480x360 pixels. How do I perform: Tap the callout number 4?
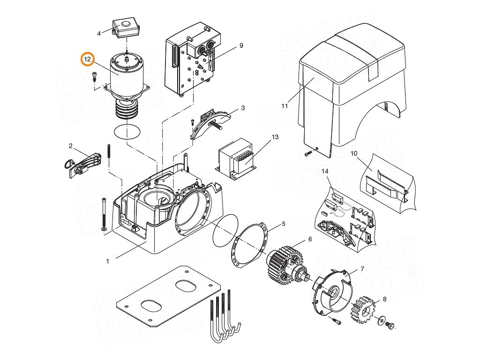point(99,33)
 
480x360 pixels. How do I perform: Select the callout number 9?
point(241,45)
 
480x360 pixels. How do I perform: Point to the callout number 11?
point(285,106)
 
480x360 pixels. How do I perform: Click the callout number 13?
point(275,136)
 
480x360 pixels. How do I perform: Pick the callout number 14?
point(325,172)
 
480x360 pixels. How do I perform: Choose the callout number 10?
point(353,153)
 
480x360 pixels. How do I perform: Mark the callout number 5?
point(284,224)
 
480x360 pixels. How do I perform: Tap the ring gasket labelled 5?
point(249,246)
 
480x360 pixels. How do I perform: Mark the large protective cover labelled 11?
point(352,84)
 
